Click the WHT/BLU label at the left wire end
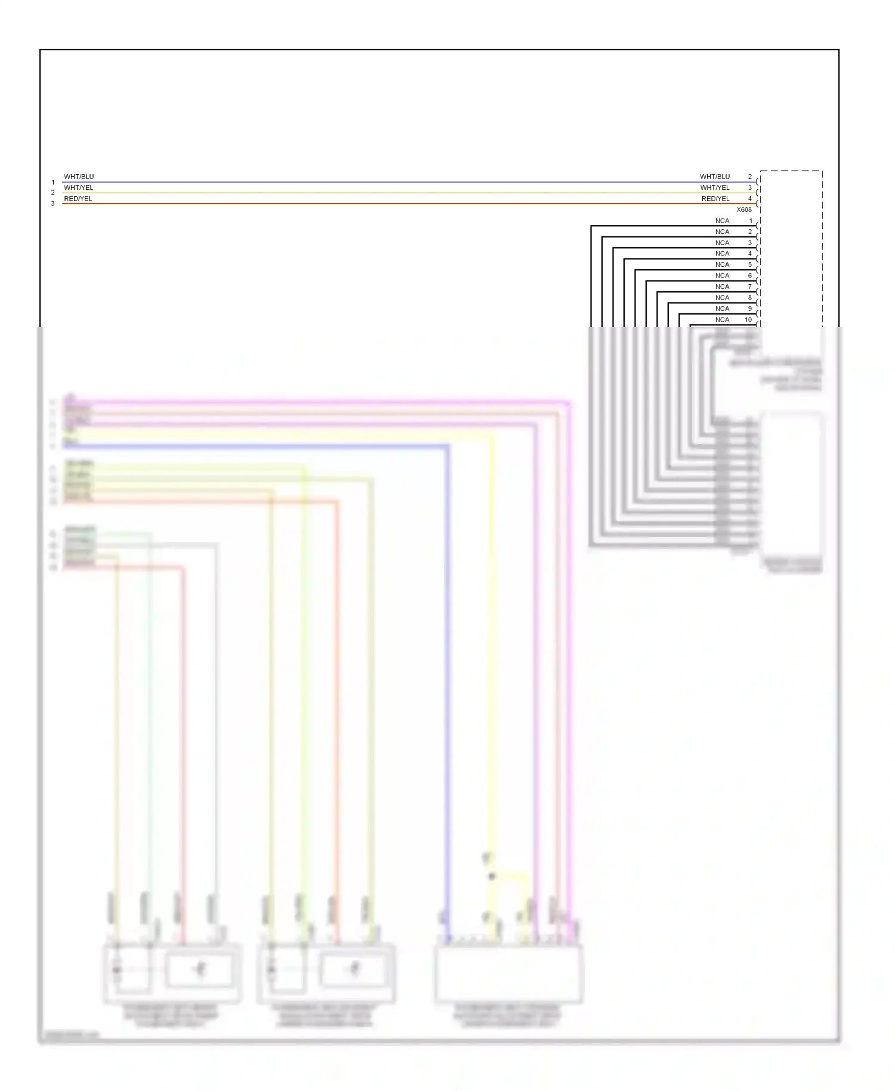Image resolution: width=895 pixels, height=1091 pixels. pyautogui.click(x=79, y=177)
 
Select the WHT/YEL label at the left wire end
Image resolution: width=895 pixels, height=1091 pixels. pyautogui.click(x=79, y=187)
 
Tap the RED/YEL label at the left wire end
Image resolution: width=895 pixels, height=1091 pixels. pyautogui.click(x=78, y=199)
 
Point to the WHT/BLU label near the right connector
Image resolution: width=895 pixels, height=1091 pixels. pyautogui.click(x=715, y=177)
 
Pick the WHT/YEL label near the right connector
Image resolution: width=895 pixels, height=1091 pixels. pyautogui.click(x=715, y=187)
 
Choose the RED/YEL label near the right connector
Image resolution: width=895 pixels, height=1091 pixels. pyautogui.click(x=715, y=199)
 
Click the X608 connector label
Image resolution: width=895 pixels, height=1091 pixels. pyautogui.click(x=744, y=209)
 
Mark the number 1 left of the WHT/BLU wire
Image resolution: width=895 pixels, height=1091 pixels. pyautogui.click(x=53, y=183)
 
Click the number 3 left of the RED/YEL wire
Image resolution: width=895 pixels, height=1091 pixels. pyautogui.click(x=53, y=204)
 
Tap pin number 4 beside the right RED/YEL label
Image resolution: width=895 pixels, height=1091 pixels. pyautogui.click(x=750, y=199)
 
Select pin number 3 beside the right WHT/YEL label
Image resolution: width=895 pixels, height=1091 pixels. pyautogui.click(x=750, y=187)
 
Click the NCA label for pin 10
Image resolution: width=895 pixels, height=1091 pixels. pyautogui.click(x=722, y=320)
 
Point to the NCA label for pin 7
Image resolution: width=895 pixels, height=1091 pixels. pyautogui.click(x=722, y=286)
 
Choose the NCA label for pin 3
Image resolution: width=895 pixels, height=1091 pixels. pyautogui.click(x=722, y=243)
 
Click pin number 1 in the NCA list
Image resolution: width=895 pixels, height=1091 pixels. pyautogui.click(x=751, y=221)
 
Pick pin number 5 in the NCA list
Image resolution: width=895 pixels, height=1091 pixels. pyautogui.click(x=750, y=264)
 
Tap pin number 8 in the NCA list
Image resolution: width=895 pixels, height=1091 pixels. pyautogui.click(x=750, y=298)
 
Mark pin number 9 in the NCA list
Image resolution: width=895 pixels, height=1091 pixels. pyautogui.click(x=750, y=309)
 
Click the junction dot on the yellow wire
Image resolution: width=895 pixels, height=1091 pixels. pyautogui.click(x=492, y=876)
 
